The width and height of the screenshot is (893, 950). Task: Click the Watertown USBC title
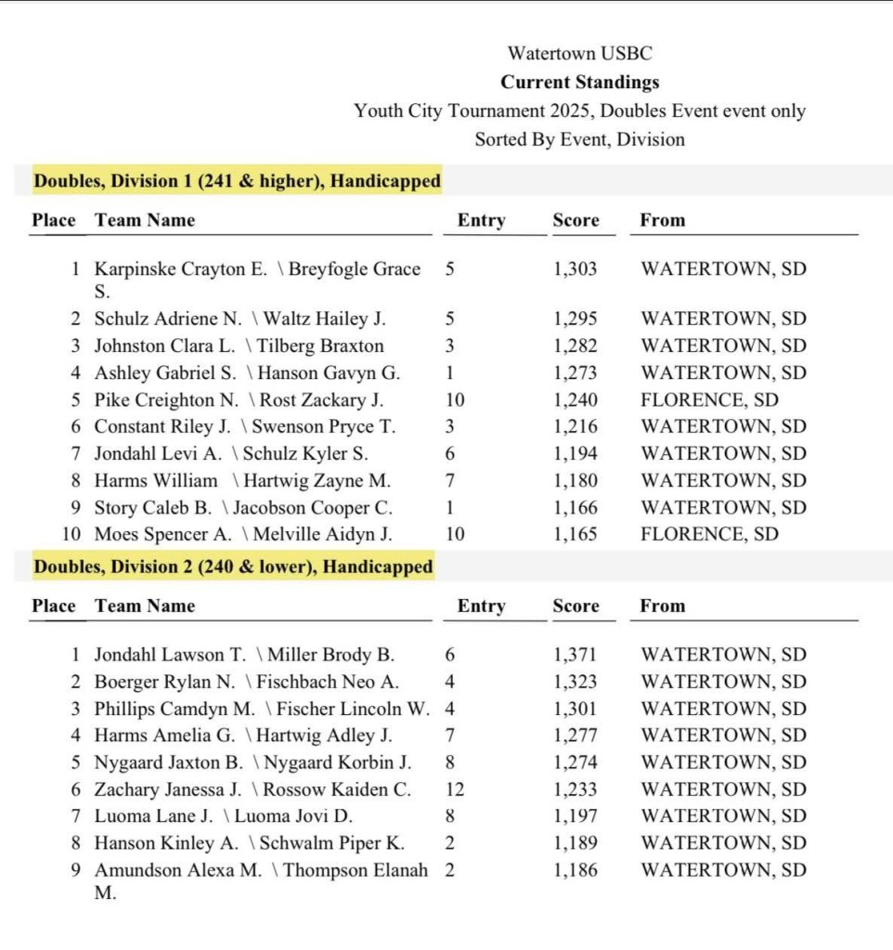point(579,54)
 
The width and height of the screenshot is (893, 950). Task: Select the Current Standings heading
point(579,82)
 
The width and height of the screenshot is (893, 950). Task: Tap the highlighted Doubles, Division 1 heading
point(237,181)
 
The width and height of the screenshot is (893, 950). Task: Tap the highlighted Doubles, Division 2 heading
point(233,566)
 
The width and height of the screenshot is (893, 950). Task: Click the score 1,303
point(576,270)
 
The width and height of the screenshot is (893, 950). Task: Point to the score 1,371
point(576,655)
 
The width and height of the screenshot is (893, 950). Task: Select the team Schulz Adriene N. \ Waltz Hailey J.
point(239,319)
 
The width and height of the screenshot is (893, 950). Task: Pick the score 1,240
point(576,400)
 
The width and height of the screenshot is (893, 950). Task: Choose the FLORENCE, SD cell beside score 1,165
point(709,535)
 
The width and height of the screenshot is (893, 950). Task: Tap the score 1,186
point(576,870)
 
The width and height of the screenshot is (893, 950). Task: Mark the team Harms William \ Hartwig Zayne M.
point(242,481)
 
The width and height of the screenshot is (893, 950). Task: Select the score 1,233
point(576,789)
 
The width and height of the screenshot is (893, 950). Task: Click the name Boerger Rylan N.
point(165,682)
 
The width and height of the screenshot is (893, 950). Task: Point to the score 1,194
point(576,454)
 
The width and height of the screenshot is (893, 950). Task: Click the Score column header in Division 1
point(576,221)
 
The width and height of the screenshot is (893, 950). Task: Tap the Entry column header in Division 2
point(481,606)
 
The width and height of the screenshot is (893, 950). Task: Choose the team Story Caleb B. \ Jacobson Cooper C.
point(243,508)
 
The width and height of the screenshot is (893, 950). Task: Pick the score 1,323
point(576,682)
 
